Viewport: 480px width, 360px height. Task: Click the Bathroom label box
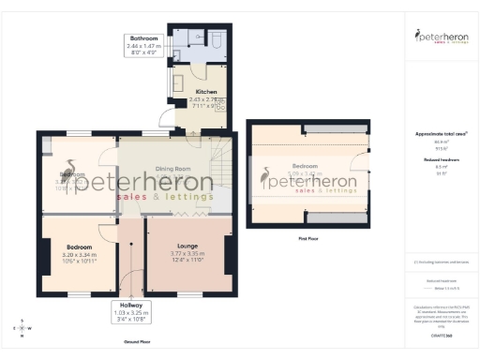click(144, 45)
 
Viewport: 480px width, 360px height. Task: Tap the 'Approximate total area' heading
click(441, 134)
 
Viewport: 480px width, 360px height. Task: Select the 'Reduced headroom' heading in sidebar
click(441, 160)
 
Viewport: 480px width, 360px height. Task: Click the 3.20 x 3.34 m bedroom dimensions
click(80, 255)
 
